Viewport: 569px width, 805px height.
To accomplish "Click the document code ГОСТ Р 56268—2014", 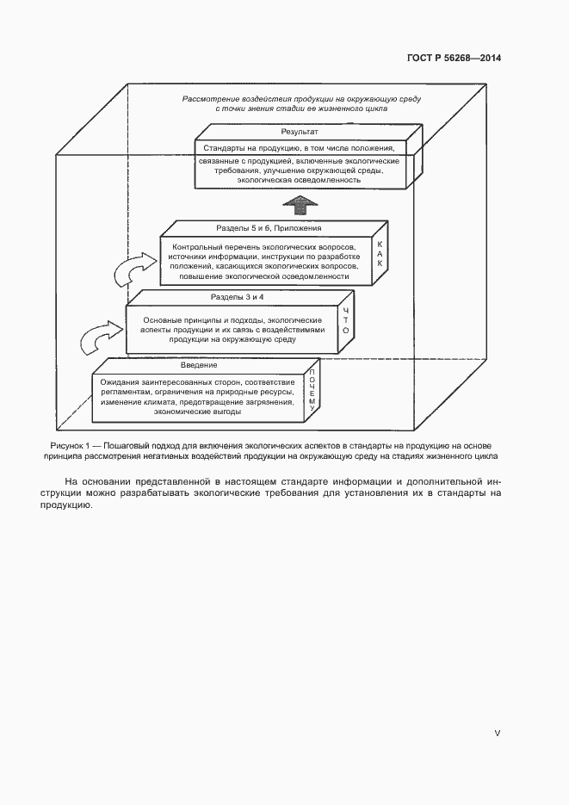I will [x=453, y=59].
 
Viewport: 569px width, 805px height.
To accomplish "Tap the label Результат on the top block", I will [x=299, y=133].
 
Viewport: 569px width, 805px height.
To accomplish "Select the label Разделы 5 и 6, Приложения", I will [x=268, y=228].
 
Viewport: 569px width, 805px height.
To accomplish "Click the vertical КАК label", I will [x=380, y=254].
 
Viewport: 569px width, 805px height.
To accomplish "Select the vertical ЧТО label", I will [x=345, y=320].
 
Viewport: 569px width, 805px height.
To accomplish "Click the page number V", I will [x=497, y=733].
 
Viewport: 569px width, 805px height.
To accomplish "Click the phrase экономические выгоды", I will [x=197, y=412].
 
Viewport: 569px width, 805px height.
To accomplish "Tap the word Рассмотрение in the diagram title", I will [x=211, y=99].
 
